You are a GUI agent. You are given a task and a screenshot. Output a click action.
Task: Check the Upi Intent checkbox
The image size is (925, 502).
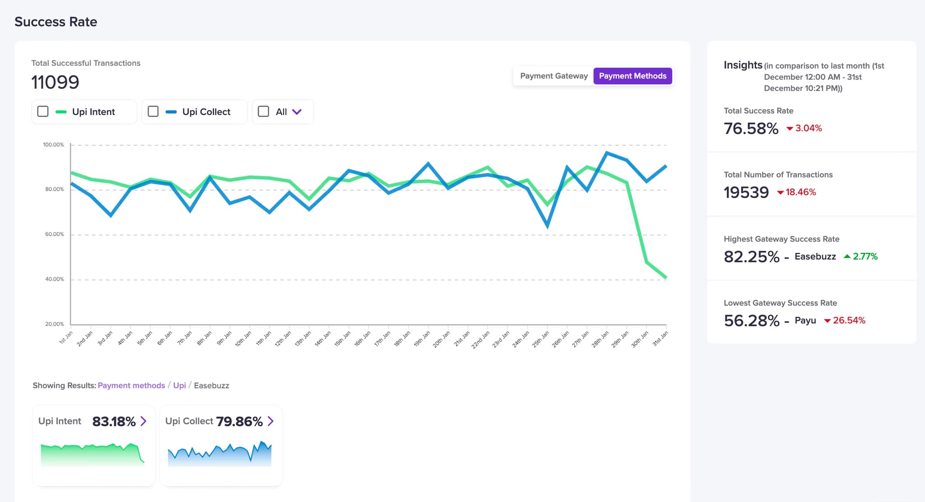(x=43, y=112)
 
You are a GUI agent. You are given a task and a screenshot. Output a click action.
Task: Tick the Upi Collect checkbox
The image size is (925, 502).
(x=153, y=112)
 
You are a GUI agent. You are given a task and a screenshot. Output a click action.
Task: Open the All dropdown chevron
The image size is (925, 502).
(x=297, y=112)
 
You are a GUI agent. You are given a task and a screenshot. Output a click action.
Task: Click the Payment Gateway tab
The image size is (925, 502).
(x=554, y=76)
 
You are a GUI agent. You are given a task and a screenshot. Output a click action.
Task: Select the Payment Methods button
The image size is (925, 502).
(x=632, y=76)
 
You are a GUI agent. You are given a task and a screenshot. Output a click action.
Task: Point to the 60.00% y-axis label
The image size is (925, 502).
(x=54, y=234)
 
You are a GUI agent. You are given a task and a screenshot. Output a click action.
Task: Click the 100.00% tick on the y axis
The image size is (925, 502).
(x=53, y=145)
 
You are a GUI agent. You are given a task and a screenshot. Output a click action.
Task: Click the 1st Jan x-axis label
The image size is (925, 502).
(x=66, y=338)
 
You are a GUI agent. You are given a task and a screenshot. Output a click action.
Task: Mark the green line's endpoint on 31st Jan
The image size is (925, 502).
(x=666, y=277)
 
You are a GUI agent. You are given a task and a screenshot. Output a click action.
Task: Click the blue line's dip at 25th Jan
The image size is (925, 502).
(x=547, y=226)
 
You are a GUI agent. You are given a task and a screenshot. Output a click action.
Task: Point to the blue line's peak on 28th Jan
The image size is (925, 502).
(x=607, y=153)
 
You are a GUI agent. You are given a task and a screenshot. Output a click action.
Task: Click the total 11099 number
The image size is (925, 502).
(x=55, y=82)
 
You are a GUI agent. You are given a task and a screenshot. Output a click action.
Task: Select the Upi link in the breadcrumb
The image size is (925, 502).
(x=179, y=386)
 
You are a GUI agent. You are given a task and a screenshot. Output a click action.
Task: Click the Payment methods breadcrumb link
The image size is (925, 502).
(x=131, y=386)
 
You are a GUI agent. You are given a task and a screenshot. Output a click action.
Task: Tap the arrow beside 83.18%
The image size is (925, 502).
(x=144, y=421)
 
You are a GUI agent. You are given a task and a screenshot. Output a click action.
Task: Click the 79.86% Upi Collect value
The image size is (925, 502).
(x=239, y=421)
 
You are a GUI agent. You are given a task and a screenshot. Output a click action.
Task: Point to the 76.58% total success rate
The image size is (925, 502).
(x=751, y=129)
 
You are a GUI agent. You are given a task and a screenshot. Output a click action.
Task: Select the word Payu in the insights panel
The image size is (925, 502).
(x=805, y=321)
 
